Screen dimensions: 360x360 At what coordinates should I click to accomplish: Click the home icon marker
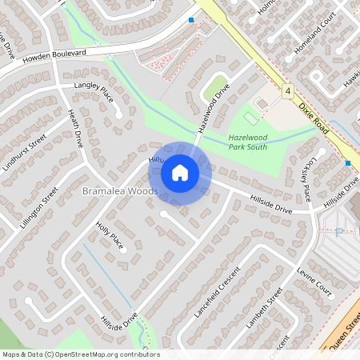[x=180, y=173]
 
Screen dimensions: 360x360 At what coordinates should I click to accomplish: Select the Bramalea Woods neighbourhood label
[x=120, y=192]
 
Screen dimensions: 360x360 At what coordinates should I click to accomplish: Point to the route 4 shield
[x=286, y=91]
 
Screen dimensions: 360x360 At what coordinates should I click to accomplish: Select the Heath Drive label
[x=76, y=128]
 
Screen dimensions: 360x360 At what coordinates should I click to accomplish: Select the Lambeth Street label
[x=265, y=310]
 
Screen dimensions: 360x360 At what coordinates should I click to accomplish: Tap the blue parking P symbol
[x=339, y=231]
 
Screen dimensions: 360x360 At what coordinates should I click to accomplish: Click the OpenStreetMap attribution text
[x=80, y=354]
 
